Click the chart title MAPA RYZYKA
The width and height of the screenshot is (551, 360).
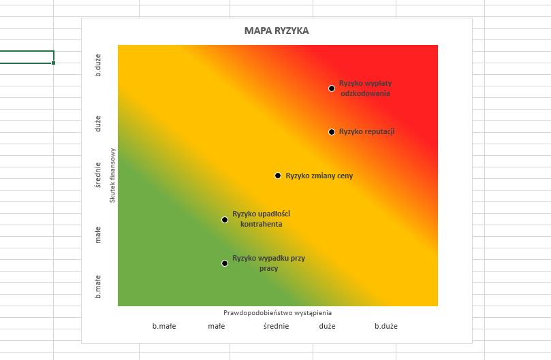[x=276, y=31]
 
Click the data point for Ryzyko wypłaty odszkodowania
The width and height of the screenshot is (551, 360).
[x=332, y=88]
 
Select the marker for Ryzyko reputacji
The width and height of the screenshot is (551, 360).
[x=332, y=132]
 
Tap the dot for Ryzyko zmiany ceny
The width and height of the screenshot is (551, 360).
[x=278, y=176]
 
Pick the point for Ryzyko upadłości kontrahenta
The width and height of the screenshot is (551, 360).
[x=225, y=219]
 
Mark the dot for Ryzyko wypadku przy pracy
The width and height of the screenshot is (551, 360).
[x=225, y=263]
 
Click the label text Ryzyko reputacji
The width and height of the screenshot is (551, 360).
[x=366, y=132]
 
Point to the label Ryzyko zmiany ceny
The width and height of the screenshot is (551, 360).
[x=319, y=176]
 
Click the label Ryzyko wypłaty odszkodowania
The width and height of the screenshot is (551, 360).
[x=365, y=88]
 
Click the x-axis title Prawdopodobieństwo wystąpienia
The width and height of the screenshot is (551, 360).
[x=277, y=313]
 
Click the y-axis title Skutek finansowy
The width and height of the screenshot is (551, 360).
[x=112, y=176]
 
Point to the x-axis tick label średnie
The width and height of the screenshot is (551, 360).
[x=276, y=326]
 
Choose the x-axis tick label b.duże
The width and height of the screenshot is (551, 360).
[x=386, y=326]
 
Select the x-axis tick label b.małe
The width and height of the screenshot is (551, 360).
[x=164, y=326]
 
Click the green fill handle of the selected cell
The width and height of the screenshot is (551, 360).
[x=53, y=63]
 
